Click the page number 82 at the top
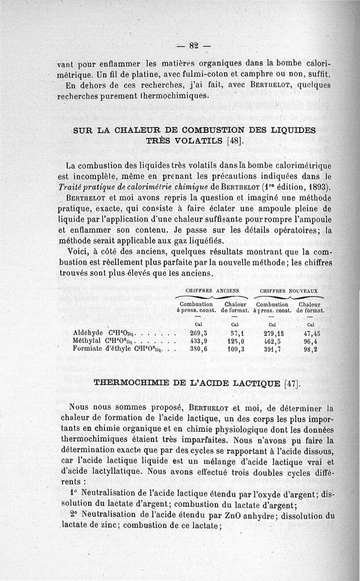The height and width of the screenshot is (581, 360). pyautogui.click(x=194, y=45)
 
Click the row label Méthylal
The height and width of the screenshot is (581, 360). pyautogui.click(x=86, y=341)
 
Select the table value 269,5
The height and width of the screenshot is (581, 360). pyautogui.click(x=198, y=333)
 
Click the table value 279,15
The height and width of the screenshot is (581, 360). pyautogui.click(x=274, y=333)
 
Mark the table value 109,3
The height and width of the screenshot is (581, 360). pyautogui.click(x=234, y=349)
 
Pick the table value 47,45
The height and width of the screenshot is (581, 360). pyautogui.click(x=310, y=333)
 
